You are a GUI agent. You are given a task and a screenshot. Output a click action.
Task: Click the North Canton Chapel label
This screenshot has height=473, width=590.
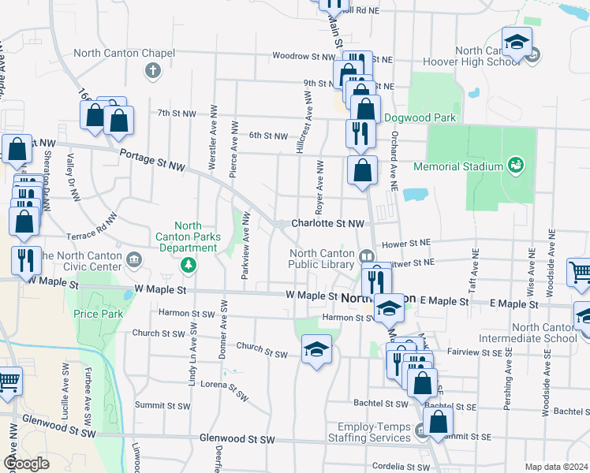tap(124, 54)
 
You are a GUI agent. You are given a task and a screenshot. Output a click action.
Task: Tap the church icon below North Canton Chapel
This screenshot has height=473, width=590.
tap(153, 72)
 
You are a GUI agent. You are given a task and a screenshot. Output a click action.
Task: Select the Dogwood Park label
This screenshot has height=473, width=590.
tap(420, 117)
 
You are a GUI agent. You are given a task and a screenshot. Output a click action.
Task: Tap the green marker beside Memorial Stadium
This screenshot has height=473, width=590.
tap(516, 165)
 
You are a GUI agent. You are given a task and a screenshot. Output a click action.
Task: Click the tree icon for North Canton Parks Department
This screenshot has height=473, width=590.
tap(188, 265)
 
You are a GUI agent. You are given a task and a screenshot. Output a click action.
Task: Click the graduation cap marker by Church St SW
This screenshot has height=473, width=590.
tap(316, 348)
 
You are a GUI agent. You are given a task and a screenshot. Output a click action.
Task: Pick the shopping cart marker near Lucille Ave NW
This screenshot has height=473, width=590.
tap(8, 382)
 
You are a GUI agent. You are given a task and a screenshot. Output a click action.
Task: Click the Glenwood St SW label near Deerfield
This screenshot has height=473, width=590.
tap(237, 438)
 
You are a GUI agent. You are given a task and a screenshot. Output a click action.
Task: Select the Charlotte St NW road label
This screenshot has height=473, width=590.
tap(327, 223)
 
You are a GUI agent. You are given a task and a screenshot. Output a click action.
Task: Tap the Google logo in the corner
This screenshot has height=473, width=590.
tap(26, 464)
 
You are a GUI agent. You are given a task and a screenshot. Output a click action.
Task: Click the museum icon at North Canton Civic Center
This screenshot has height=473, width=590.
tap(134, 258)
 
